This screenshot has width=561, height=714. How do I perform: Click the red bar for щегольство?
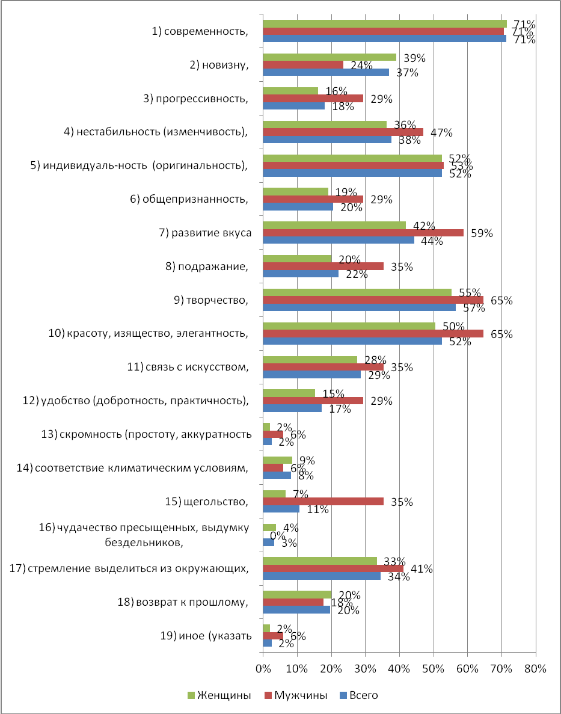pos(323,501)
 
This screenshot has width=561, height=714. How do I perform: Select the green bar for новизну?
pos(330,57)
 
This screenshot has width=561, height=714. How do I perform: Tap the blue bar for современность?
pos(385,38)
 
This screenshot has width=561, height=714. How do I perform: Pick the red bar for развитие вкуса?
pos(363,233)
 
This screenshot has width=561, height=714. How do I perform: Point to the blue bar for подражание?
pos(301,273)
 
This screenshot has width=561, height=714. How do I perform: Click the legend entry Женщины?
pos(220,695)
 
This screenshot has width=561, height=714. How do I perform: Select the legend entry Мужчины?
pos(295,695)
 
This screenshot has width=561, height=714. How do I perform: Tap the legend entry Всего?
pos(359,695)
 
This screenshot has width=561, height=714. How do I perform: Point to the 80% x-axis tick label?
pos(536,668)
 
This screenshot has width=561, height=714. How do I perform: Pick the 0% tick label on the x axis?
pos(263,668)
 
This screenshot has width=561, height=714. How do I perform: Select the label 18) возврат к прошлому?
pos(183,603)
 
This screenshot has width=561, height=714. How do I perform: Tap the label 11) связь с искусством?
pos(188,367)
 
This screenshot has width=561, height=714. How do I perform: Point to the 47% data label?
pos(442,132)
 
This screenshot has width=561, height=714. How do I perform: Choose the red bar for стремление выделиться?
pos(333,568)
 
